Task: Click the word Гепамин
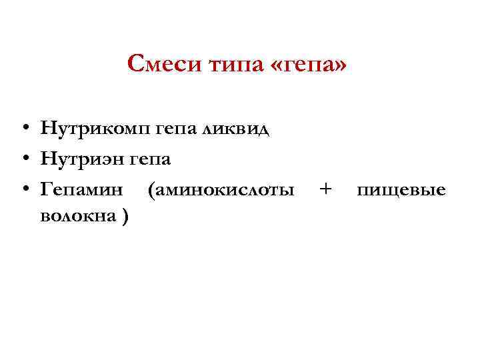(82, 191)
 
